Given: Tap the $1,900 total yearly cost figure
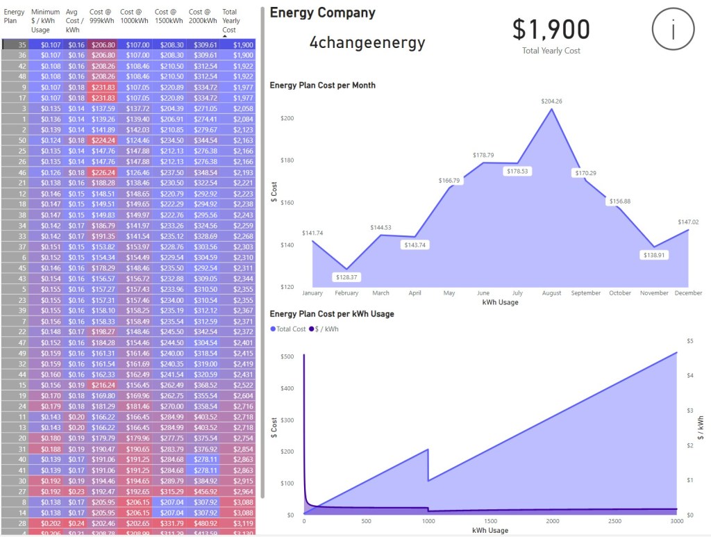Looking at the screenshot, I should pos(551,29).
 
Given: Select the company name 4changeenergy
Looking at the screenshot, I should pos(367,42).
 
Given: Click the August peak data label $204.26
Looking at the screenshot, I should pos(552,101).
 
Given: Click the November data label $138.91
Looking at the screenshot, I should pos(653,255).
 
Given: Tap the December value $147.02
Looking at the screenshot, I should pos(689,222).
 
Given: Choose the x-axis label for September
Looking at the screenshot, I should pos(586,293).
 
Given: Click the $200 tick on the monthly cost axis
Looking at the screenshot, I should pos(287,118).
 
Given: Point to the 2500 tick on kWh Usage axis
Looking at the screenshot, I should pos(614,521).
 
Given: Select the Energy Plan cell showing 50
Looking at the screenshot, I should pos(22,140).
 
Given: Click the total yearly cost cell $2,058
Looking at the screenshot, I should pos(243,109).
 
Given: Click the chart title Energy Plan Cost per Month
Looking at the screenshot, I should pos(322,85).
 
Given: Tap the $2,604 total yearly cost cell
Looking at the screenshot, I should pos(243,395).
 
